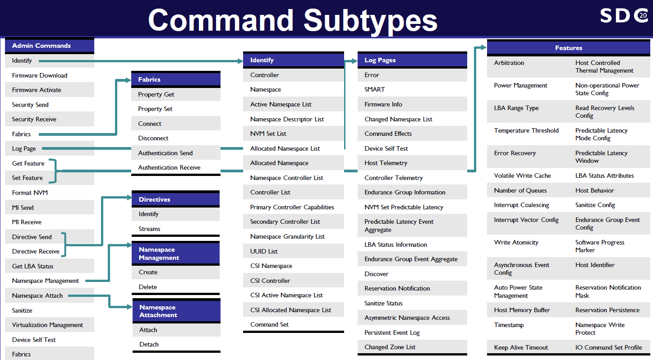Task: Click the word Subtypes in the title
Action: [370, 20]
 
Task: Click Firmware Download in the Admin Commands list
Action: [40, 75]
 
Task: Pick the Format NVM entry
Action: [30, 193]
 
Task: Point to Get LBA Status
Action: [32, 266]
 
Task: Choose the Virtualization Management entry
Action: [47, 325]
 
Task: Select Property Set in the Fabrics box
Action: [155, 109]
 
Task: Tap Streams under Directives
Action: [149, 229]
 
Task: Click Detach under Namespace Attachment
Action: [149, 344]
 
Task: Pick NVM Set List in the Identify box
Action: [268, 134]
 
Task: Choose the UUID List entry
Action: [264, 251]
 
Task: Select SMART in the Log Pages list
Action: [374, 89]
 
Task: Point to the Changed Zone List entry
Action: [390, 347]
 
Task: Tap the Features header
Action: [568, 48]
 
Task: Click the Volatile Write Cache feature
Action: [522, 175]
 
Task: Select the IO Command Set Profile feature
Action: [608, 347]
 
